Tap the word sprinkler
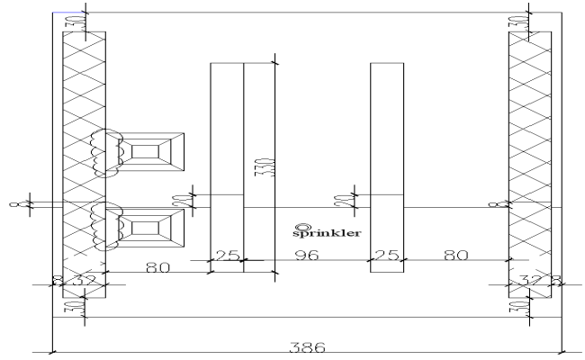coord(328,232)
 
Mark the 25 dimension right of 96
coord(386,256)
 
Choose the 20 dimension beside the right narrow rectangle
coord(353,198)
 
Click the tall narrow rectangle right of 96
coord(386,166)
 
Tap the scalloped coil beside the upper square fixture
coord(105,152)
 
